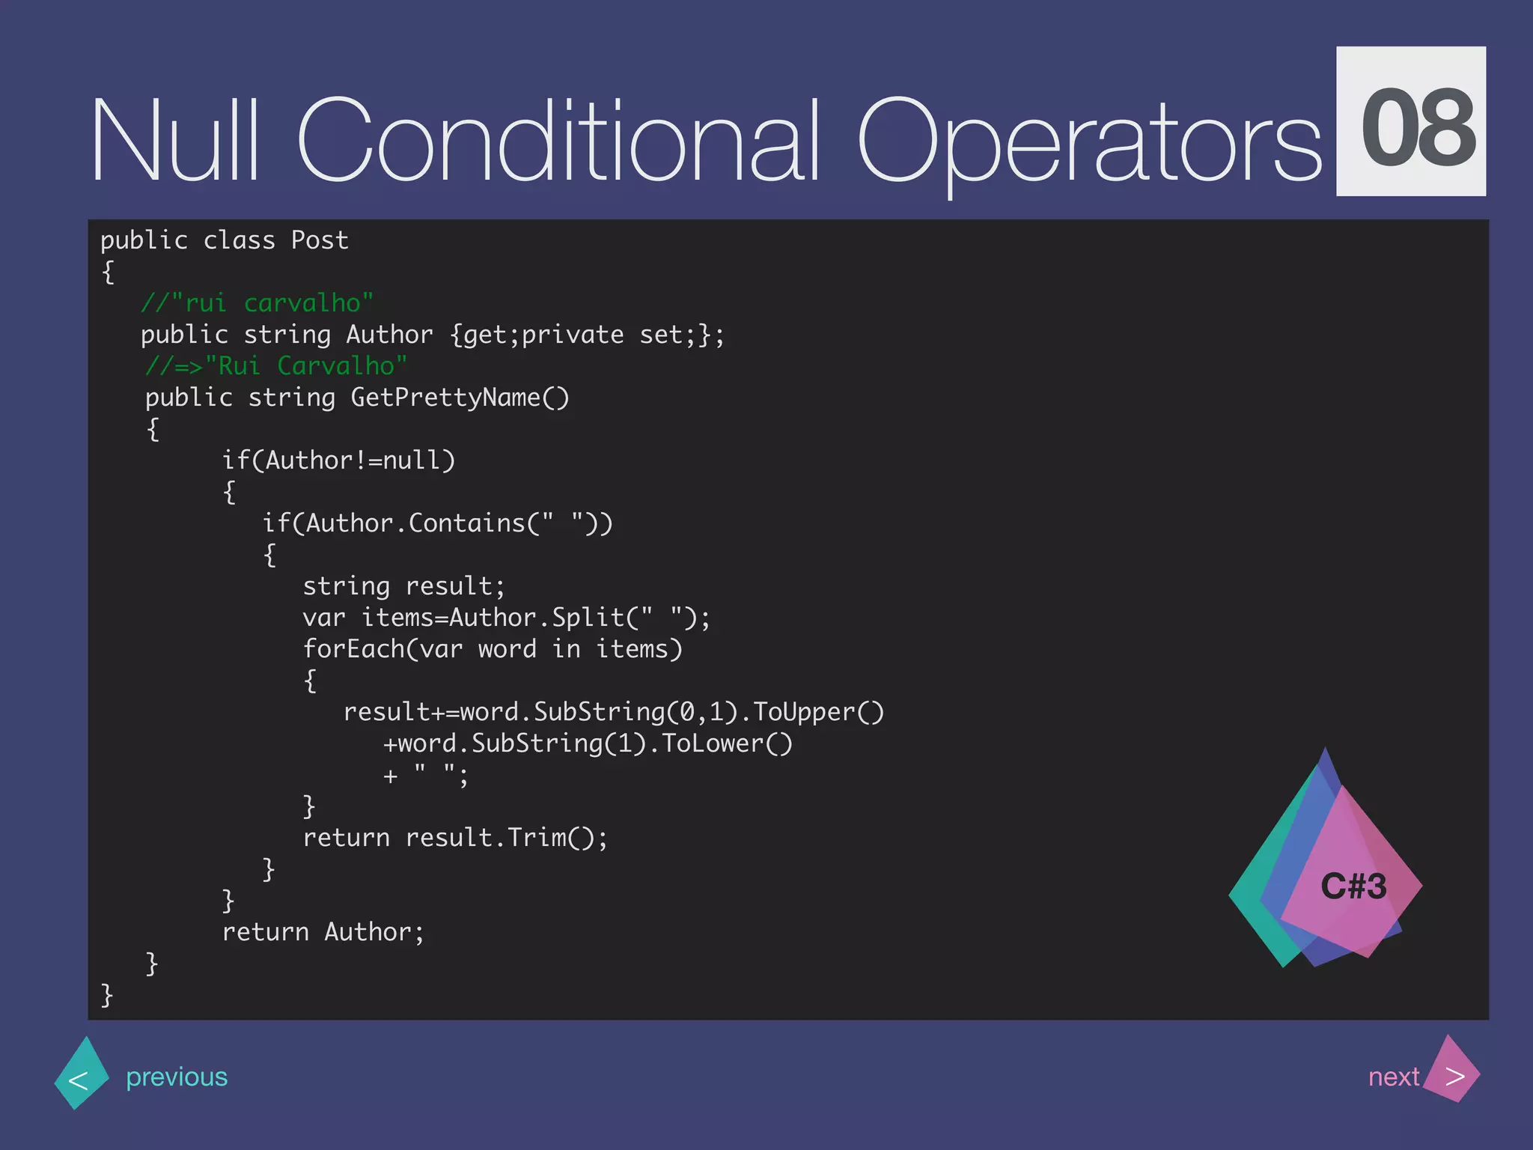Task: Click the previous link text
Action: pyautogui.click(x=177, y=1077)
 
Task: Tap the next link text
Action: pyautogui.click(x=1393, y=1077)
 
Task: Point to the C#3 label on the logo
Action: pyautogui.click(x=1353, y=886)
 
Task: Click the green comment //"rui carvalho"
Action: pyautogui.click(x=257, y=303)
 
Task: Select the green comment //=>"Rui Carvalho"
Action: pyautogui.click(x=276, y=366)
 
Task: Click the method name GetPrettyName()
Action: pyautogui.click(x=460, y=398)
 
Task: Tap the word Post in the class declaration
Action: pyautogui.click(x=320, y=240)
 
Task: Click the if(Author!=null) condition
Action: pyautogui.click(x=338, y=460)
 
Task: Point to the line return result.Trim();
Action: pyautogui.click(x=455, y=838)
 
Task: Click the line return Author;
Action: pyautogui.click(x=323, y=932)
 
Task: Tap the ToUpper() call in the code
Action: pyautogui.click(x=818, y=712)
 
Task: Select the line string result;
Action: pyautogui.click(x=404, y=586)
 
